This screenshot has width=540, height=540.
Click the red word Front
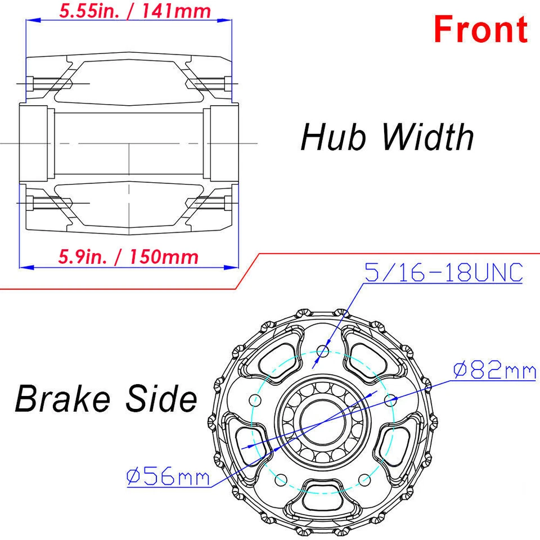point(480,29)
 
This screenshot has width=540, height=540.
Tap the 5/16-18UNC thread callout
point(443,273)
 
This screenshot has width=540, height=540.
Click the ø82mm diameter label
point(494,371)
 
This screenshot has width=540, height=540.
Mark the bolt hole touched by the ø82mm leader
point(391,399)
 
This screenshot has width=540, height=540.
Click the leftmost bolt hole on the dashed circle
point(255,400)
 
